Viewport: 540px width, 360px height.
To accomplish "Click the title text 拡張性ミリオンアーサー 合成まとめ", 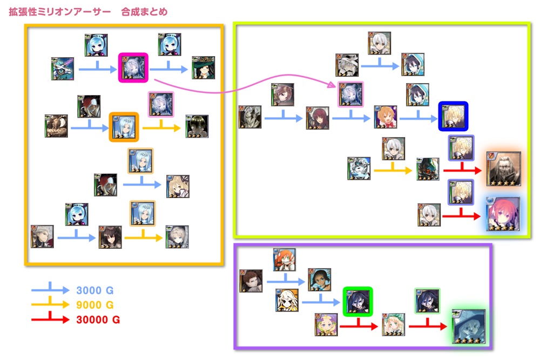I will click(88, 11).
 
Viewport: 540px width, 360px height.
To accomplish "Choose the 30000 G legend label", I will click(98, 320).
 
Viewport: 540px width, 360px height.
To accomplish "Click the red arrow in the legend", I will click(49, 318).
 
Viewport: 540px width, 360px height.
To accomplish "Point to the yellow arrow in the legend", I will click(49, 304).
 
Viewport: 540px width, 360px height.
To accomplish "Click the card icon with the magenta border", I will click(133, 67).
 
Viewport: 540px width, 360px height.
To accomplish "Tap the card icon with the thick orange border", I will click(124, 127).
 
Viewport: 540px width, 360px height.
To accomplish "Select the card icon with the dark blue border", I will click(453, 117).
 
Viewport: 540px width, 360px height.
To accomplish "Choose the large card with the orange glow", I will click(503, 169).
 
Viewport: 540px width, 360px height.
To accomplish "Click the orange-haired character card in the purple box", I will click(284, 260).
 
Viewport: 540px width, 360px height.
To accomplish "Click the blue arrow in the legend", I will click(49, 289).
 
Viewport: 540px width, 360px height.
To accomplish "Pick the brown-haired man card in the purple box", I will click(251, 281).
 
